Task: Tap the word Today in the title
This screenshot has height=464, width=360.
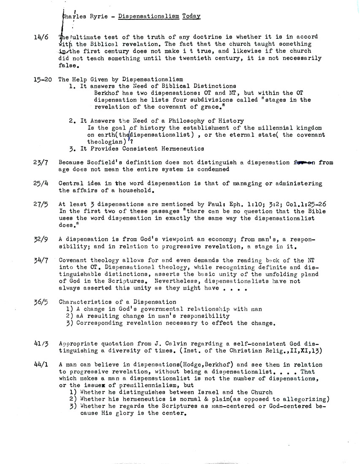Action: [x=192, y=16]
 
